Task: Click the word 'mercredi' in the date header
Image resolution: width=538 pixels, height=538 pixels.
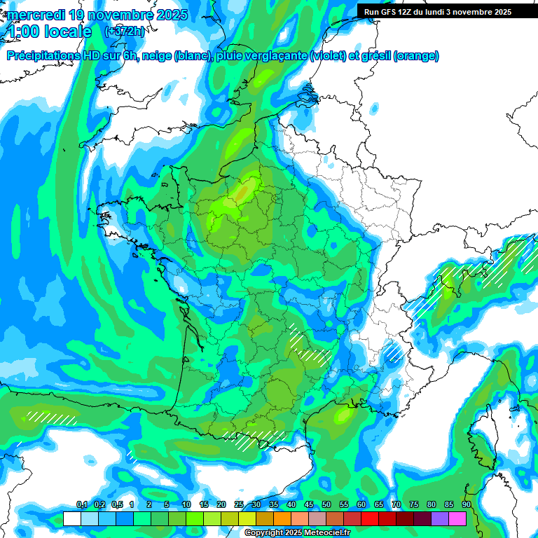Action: coord(36,15)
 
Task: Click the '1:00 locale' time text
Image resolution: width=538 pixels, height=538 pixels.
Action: coord(48,32)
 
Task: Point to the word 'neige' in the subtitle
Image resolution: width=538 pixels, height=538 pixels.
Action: coord(157,56)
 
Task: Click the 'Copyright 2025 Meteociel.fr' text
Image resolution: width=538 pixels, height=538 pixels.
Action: coord(308,533)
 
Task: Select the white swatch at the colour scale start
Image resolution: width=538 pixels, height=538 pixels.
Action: coord(71,519)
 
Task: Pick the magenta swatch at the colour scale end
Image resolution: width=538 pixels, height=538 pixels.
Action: coord(457,519)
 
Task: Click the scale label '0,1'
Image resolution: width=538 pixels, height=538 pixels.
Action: coord(81,505)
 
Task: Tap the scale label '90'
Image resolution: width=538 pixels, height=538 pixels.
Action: coord(467,505)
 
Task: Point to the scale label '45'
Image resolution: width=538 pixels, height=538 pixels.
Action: coord(309,505)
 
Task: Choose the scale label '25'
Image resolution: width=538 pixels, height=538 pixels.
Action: coord(239,505)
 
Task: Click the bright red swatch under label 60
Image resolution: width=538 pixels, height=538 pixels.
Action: coord(370,519)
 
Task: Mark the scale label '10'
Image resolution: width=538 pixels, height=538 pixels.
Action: coord(186,505)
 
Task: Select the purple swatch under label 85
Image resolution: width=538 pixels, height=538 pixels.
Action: coord(440,519)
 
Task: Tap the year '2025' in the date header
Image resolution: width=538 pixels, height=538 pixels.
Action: coord(170,15)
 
